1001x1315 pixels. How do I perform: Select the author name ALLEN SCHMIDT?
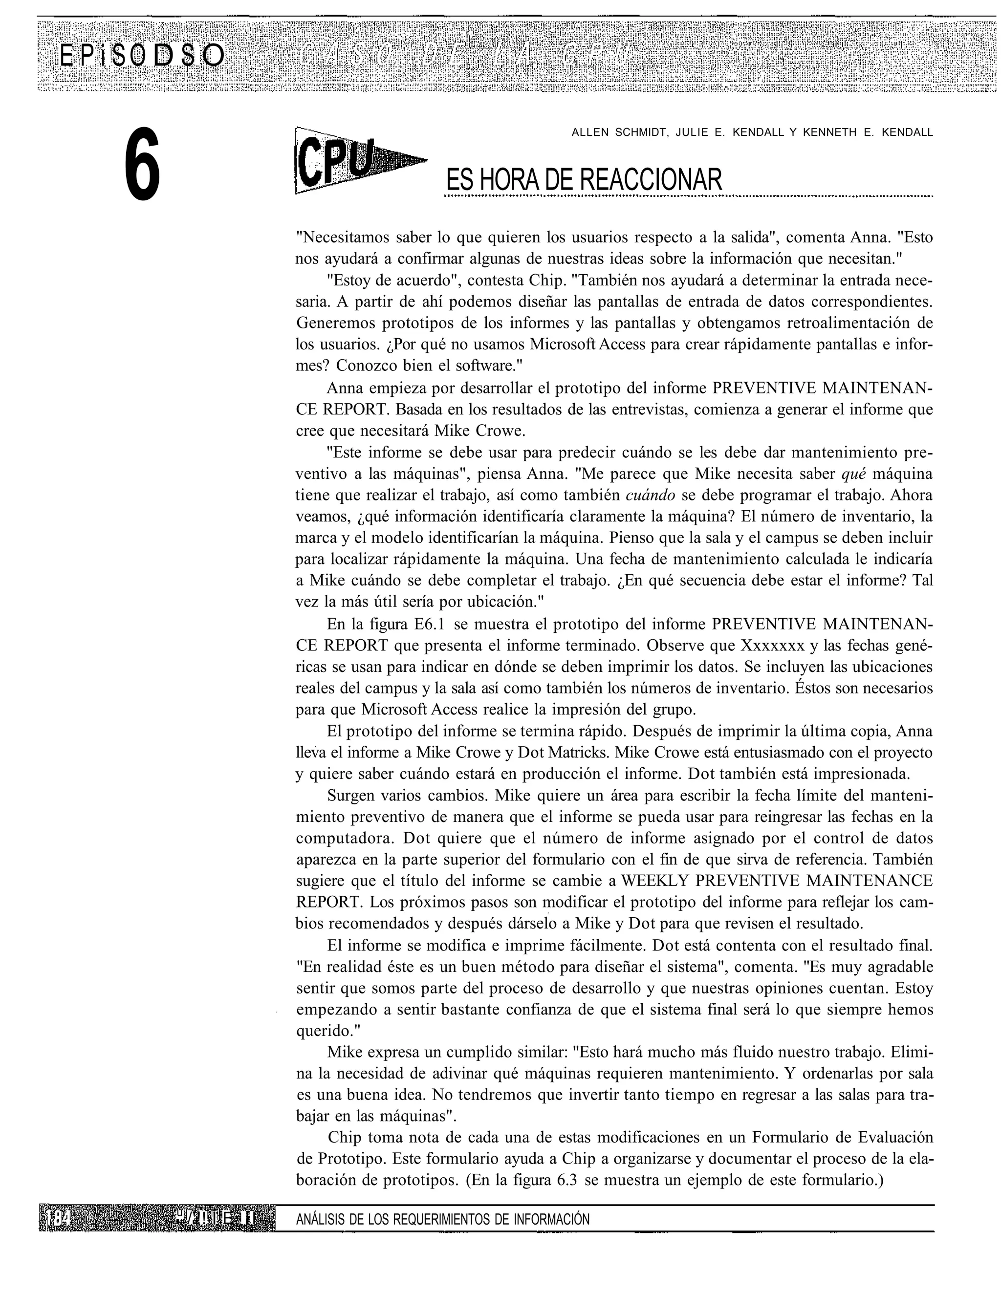[618, 132]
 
